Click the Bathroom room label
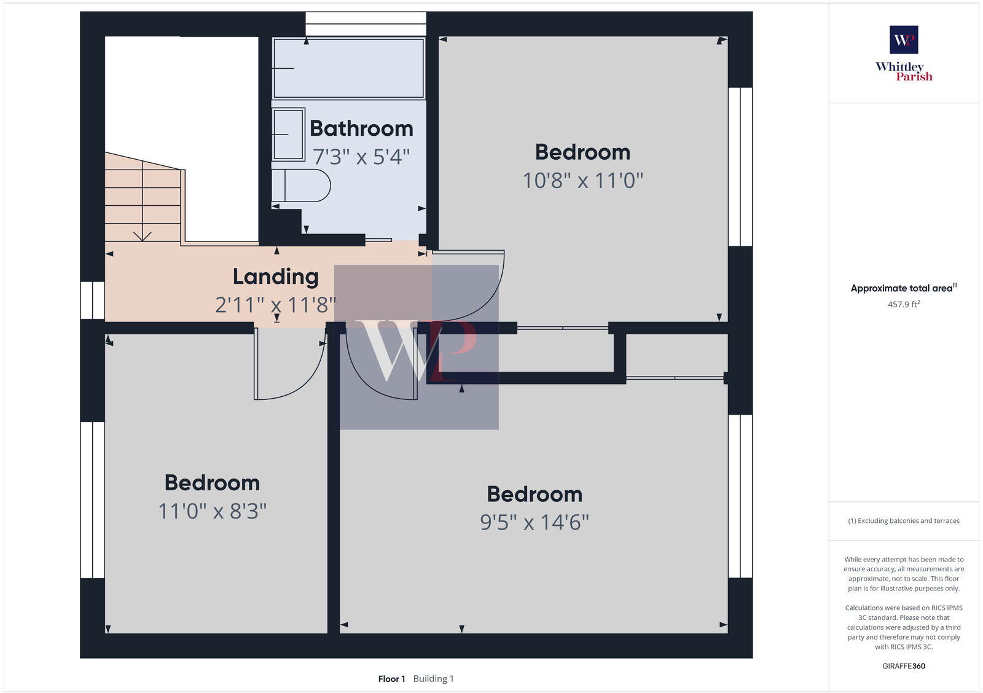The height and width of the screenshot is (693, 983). coord(361,128)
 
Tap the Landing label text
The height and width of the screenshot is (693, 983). coord(275,276)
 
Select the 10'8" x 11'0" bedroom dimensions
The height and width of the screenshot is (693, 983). coord(582,181)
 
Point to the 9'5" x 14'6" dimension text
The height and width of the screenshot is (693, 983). coord(535,522)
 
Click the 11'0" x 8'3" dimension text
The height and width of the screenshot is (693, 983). coord(213,511)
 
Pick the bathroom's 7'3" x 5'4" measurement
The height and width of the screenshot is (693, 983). coord(361,157)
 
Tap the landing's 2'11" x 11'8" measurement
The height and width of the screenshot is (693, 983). coord(275,305)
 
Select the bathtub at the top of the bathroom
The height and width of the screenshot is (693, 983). coord(348,68)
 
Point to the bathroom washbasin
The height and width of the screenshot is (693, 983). coord(288,135)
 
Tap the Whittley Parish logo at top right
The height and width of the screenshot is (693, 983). coord(904,53)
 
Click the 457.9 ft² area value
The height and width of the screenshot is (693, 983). coord(904,304)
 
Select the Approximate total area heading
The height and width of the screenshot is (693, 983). coord(902,288)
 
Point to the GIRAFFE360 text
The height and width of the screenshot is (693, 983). coord(904,666)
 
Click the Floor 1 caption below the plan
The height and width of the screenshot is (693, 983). coord(391,679)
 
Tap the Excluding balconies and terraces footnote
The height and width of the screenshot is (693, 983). coord(904,521)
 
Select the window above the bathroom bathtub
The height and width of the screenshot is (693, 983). coord(366,25)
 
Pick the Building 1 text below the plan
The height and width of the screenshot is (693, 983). coord(433,679)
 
